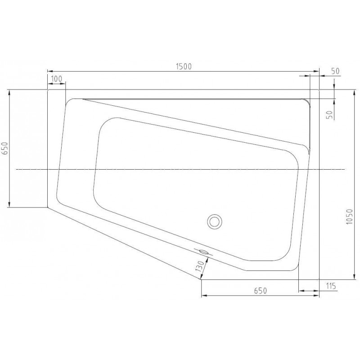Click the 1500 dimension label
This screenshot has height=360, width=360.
184,66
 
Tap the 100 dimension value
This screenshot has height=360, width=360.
57,79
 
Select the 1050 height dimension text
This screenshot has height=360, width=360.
349,217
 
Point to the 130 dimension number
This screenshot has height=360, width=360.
200,266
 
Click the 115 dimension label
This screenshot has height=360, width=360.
331,286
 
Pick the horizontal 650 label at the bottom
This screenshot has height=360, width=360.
261,291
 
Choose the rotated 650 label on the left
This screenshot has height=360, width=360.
5,148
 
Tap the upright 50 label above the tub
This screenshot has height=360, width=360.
335,71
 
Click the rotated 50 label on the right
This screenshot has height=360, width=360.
330,115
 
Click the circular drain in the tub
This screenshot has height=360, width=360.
215,221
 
